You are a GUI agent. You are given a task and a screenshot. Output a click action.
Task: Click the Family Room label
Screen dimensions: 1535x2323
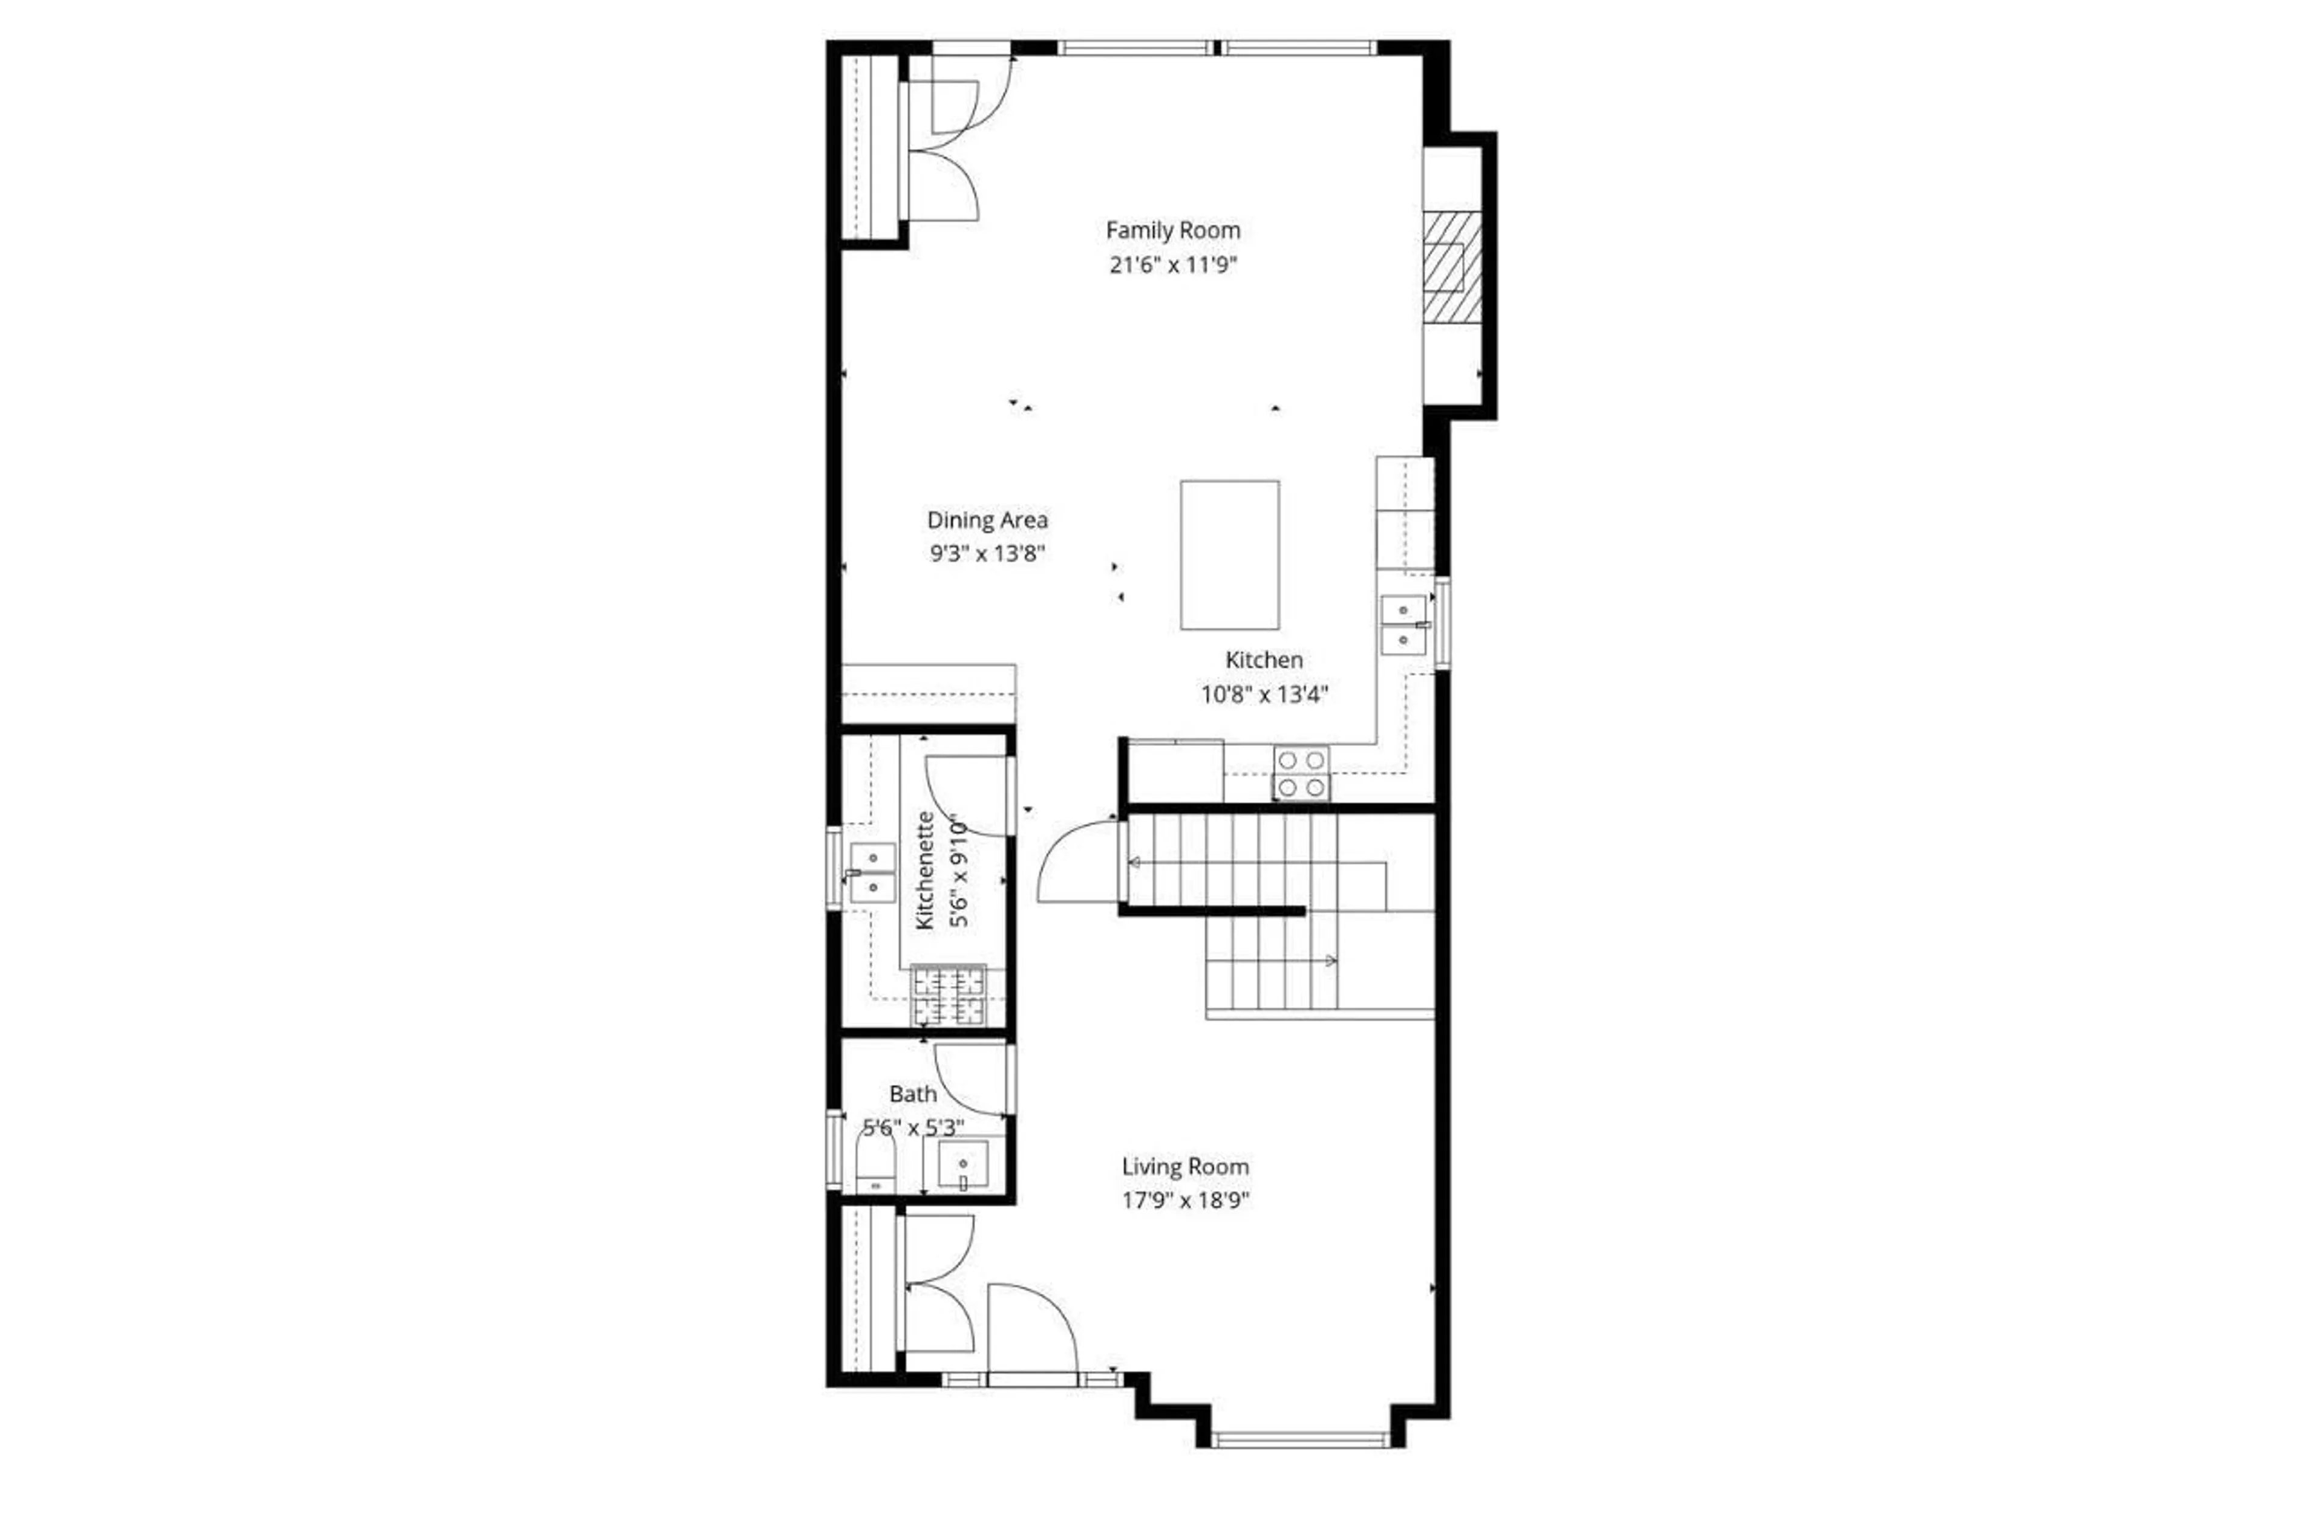1172,230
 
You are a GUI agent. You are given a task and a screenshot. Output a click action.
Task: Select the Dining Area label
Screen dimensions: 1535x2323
987,520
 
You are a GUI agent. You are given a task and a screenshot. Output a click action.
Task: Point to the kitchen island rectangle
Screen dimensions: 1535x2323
1229,554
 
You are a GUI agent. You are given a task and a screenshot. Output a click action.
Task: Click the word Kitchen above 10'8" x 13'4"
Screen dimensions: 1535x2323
1263,660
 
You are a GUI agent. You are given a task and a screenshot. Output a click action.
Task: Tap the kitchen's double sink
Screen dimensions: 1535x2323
1403,625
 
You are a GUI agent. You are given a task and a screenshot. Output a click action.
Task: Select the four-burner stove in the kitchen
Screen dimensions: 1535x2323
1301,773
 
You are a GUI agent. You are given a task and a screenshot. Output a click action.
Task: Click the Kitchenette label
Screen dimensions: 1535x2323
924,871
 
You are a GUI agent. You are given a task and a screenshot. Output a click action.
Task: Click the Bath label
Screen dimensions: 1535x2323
913,1094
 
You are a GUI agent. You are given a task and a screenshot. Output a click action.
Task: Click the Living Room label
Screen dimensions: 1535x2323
1185,1167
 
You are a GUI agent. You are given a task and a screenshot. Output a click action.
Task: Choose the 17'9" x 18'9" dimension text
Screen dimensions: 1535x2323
1185,1200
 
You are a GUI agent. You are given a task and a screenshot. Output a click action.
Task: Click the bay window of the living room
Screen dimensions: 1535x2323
1299,1439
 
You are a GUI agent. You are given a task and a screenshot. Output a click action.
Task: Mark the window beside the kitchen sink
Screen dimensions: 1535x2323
1442,623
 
